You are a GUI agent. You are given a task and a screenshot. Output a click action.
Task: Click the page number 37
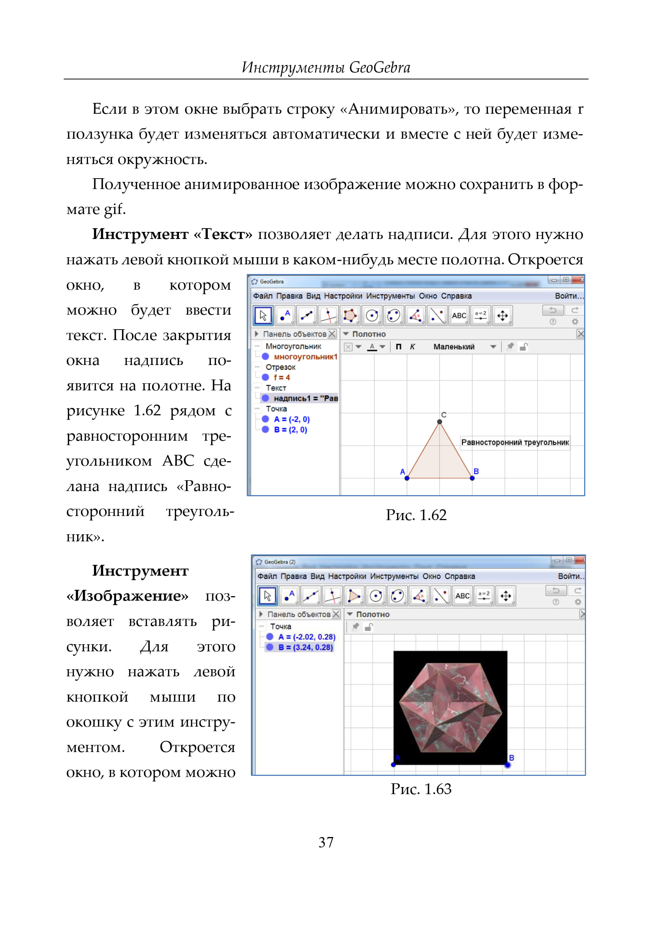325,842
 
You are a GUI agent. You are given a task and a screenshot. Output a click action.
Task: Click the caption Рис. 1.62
416,515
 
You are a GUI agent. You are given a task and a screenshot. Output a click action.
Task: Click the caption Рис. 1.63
421,789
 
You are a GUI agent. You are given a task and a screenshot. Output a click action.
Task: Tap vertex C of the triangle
440,422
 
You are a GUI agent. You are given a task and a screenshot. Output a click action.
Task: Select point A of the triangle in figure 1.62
407,478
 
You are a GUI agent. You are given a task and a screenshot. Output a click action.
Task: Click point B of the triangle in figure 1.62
472,478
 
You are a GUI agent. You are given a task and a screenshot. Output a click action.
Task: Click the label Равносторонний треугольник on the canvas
515,442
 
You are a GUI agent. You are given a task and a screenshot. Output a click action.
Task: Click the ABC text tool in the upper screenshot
459,316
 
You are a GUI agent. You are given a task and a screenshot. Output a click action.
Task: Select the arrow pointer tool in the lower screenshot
267,596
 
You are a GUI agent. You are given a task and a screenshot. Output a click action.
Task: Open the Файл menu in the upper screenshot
262,296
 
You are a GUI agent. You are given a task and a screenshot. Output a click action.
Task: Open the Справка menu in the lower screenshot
460,576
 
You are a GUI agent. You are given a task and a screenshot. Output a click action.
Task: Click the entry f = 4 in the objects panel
281,377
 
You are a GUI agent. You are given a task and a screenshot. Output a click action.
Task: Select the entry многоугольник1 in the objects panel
305,357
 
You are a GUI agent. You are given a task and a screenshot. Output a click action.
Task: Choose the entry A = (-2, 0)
292,419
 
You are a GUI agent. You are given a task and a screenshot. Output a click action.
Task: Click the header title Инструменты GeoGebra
326,67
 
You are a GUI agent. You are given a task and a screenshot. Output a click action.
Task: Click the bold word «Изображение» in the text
127,596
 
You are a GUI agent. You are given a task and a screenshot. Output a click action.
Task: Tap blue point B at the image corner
507,765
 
